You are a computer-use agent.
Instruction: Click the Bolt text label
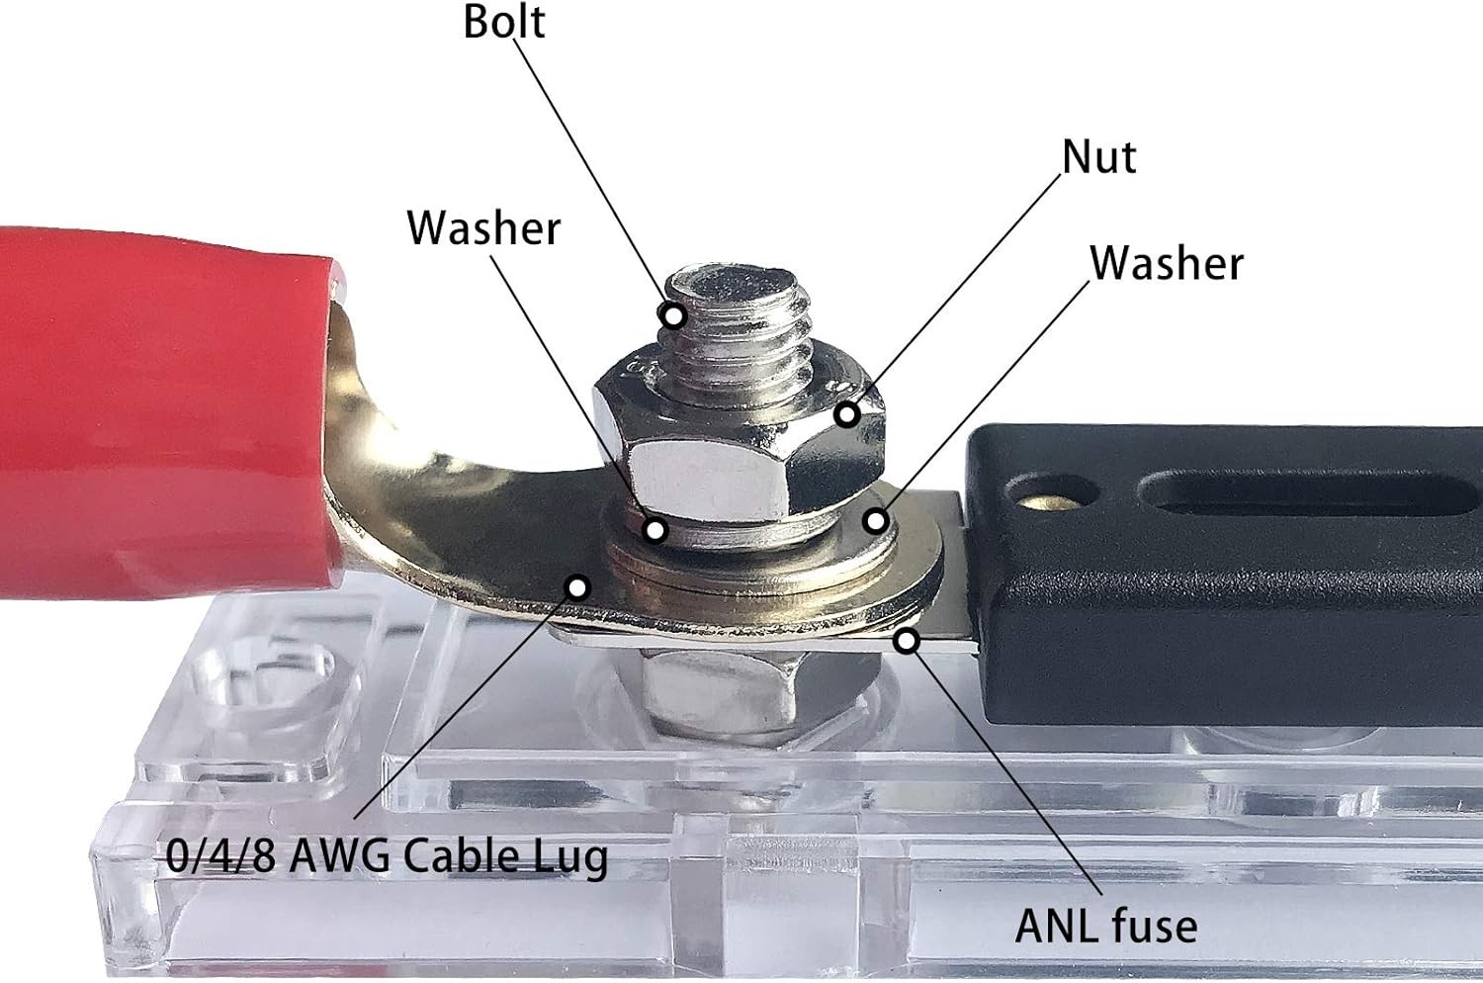504,22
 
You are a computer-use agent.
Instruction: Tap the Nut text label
1098,157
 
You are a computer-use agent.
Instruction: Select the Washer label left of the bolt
483,228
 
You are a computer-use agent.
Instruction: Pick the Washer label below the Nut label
1167,263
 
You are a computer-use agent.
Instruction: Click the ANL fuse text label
1106,926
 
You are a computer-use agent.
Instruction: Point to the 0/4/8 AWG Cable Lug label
387,856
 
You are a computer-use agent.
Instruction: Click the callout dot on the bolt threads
674,316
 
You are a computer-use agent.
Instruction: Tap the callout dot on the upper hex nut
846,413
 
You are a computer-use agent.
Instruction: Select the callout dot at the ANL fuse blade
908,642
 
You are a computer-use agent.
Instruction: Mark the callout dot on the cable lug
577,587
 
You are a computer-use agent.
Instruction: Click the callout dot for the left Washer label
654,530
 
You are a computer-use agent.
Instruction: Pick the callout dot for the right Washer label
875,519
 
